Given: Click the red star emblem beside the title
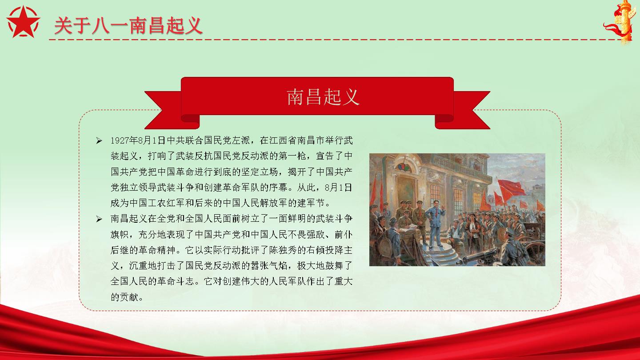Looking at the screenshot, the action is (x=23, y=22).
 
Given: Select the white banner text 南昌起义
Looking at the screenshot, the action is (x=323, y=97).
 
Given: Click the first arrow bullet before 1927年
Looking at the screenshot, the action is (x=99, y=140).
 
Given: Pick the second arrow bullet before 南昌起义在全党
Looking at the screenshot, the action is (x=99, y=219).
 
